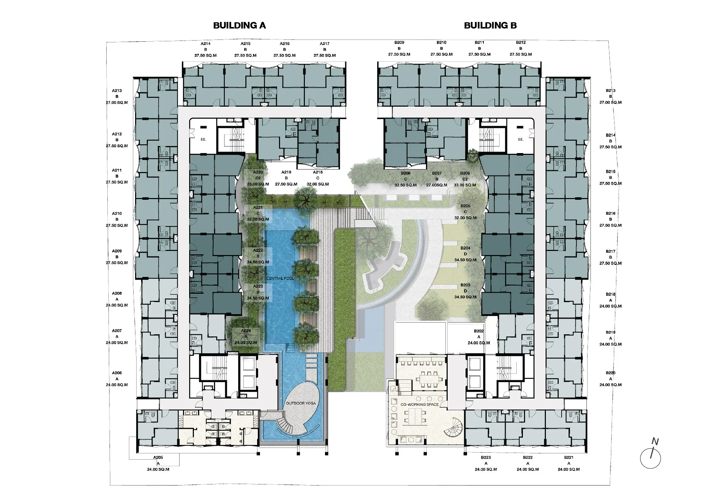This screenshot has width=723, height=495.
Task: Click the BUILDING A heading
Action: pyautogui.click(x=240, y=26)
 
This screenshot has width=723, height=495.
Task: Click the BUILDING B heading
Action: pyautogui.click(x=490, y=26)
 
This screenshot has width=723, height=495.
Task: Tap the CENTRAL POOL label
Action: pyautogui.click(x=280, y=278)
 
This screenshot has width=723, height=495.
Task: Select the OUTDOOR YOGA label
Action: pyautogui.click(x=301, y=403)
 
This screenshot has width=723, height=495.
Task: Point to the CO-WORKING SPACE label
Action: pyautogui.click(x=420, y=404)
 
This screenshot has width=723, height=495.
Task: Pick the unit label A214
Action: pyautogui.click(x=206, y=44)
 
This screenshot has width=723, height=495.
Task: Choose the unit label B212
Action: pyautogui.click(x=521, y=43)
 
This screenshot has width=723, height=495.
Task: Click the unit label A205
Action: pyautogui.click(x=158, y=457)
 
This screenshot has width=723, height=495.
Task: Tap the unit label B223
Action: pyautogui.click(x=486, y=457)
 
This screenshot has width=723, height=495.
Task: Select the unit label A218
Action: pyautogui.click(x=318, y=172)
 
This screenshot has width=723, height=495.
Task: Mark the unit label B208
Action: pyautogui.click(x=406, y=173)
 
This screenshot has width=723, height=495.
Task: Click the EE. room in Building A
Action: pyautogui.click(x=203, y=140)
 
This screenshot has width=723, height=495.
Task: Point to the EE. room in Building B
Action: pyautogui.click(x=520, y=140)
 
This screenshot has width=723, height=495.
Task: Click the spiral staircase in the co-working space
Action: pyautogui.click(x=453, y=427)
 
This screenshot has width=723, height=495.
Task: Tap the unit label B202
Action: pyautogui.click(x=479, y=331)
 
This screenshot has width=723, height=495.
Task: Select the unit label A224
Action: pyautogui.click(x=246, y=331)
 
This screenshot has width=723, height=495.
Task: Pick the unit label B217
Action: pyautogui.click(x=611, y=252)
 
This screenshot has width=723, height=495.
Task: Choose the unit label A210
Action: pyautogui.click(x=117, y=214)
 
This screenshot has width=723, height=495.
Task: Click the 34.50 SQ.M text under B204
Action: pyautogui.click(x=465, y=260)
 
